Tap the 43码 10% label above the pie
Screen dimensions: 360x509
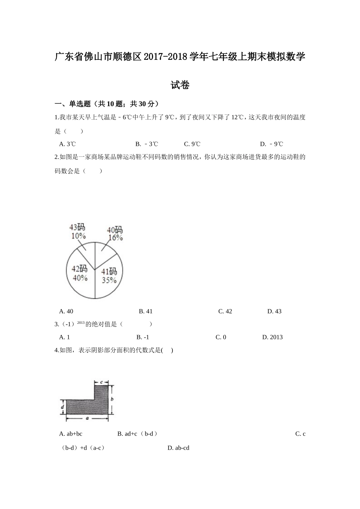click(77, 231)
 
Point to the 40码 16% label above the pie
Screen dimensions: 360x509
click(114, 234)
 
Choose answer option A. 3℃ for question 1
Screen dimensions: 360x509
click(67, 144)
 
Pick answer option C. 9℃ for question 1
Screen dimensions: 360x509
click(192, 144)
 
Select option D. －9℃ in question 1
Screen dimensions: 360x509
click(271, 144)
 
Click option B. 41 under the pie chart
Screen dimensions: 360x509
click(146, 311)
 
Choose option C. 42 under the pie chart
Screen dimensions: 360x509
click(225, 311)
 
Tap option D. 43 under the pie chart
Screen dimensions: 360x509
click(274, 311)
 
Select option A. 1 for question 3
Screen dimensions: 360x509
click(64, 337)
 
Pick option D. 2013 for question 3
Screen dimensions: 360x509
click(272, 337)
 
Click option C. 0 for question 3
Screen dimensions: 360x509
click(221, 337)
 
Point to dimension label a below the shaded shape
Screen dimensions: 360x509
click(87, 418)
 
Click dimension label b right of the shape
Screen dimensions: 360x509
click(112, 399)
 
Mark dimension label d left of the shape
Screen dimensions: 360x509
click(63, 408)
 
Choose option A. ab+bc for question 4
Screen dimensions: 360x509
click(71, 434)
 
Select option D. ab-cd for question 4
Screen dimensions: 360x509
click(178, 448)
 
